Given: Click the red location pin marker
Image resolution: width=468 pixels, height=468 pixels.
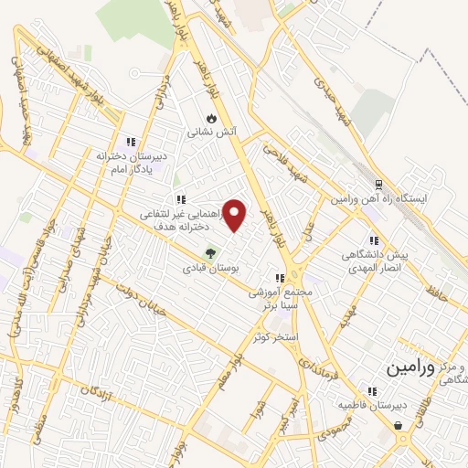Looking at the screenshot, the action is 236,216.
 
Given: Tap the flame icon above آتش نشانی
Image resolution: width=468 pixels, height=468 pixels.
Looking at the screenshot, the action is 212,118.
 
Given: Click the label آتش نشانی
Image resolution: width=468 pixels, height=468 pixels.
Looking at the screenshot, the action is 212,133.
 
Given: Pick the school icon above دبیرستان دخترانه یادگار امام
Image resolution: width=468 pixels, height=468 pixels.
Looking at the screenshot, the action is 131,142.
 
